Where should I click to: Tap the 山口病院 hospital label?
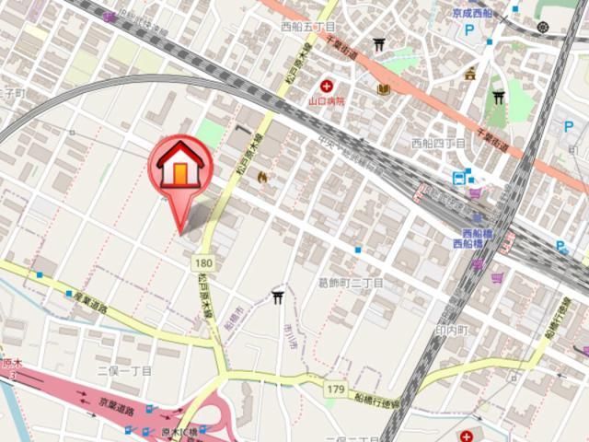pyautogui.click(x=327, y=100)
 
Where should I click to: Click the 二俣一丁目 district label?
pyautogui.click(x=124, y=370)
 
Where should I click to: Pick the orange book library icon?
pyautogui.click(x=384, y=89)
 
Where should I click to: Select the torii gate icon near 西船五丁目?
pyautogui.click(x=379, y=43)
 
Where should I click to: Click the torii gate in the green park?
pyautogui.click(x=498, y=98)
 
